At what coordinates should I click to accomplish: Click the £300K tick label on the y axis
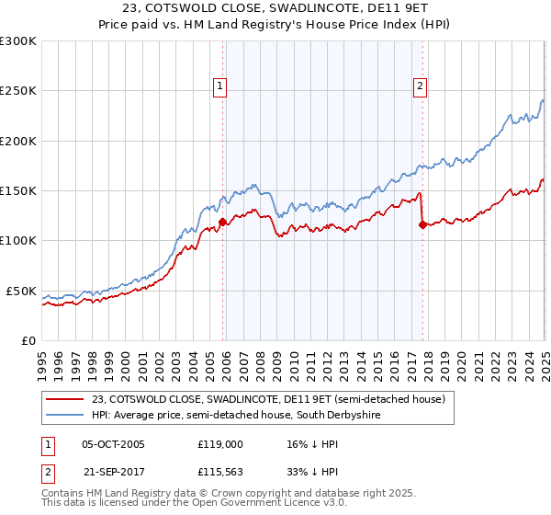pos(17,41)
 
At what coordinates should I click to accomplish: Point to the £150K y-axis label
pos(17,191)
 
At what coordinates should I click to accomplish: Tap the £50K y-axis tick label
pos(21,291)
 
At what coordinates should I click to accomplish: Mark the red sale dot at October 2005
pos(222,222)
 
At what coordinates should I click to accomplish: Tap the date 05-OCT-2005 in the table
pos(113,444)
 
